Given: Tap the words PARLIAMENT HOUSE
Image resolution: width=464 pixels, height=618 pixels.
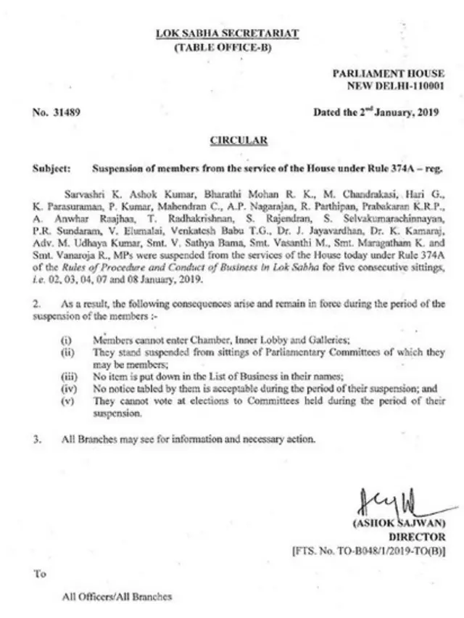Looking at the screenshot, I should tap(389, 74).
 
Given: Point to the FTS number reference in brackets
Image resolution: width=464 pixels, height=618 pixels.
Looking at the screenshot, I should tap(370, 551).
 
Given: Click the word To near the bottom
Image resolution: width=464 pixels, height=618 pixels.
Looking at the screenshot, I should tap(39, 574).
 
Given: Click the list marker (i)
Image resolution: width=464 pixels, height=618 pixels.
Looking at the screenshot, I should tap(66, 339).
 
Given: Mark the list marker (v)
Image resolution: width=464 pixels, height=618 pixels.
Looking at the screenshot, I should tap(67, 401).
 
